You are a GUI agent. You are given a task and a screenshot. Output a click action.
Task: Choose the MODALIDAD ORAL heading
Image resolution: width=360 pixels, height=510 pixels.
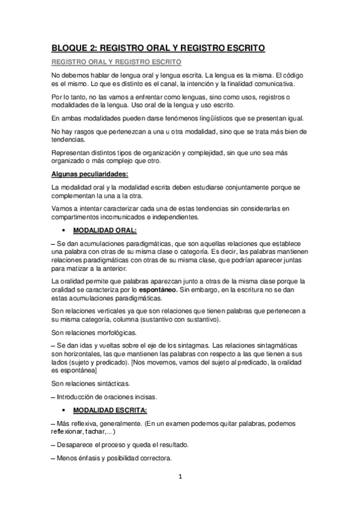105,230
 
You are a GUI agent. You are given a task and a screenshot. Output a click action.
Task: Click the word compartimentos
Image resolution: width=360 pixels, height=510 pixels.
79,217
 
